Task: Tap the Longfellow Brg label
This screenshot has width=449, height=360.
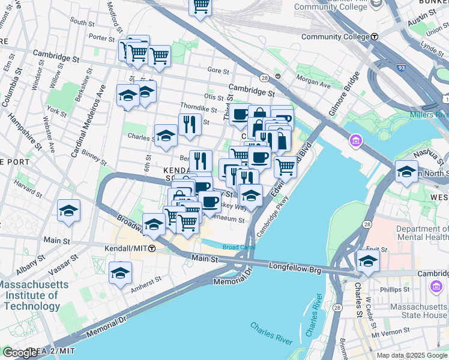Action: [295, 265]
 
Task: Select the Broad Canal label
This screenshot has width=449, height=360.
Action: [239, 247]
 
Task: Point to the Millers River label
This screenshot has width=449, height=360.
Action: [429, 115]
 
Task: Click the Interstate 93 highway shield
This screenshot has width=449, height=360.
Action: [400, 67]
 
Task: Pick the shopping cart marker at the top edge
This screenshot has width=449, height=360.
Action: [200, 6]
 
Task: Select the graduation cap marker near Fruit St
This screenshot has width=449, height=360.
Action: [368, 261]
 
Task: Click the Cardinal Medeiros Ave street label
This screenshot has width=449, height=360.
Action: [88, 120]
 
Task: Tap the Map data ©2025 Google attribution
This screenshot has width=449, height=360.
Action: [411, 355]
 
